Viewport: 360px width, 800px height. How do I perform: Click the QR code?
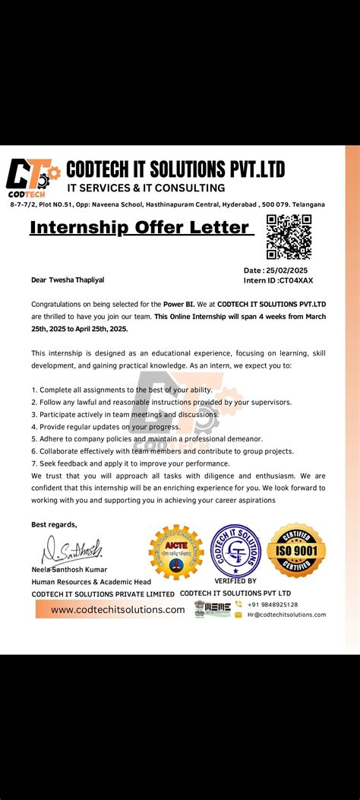click(289, 236)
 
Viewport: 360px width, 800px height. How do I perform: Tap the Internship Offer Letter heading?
click(141, 227)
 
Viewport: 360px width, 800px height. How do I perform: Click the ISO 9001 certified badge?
click(296, 550)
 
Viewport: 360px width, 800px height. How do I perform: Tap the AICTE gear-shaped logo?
click(176, 552)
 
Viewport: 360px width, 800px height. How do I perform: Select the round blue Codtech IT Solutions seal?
click(235, 551)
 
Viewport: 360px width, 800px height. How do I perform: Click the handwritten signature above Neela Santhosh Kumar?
click(72, 549)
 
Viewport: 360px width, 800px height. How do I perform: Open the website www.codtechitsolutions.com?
click(118, 609)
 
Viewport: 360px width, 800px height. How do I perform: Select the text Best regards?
click(54, 524)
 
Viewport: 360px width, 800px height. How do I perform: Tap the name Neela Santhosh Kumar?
click(69, 569)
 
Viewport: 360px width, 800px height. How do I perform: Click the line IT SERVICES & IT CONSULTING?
click(146, 188)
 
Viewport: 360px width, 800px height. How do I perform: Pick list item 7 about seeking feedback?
click(130, 463)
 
